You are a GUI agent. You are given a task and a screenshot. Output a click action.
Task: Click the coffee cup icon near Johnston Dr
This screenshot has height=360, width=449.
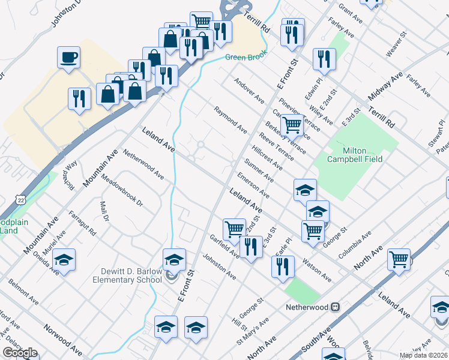pyautogui.click(x=68, y=58)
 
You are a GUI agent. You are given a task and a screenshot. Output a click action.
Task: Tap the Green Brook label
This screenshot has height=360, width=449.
pyautogui.click(x=244, y=58)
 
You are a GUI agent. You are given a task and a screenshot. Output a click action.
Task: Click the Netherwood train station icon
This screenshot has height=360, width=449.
pyautogui.click(x=336, y=307)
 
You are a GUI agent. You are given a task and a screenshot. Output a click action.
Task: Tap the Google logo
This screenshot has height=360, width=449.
pyautogui.click(x=19, y=353)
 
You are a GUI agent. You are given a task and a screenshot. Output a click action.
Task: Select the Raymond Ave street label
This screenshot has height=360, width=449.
pyautogui.click(x=231, y=119)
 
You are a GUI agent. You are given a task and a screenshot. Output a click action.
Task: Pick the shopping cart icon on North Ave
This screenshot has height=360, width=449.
pyautogui.click(x=399, y=259)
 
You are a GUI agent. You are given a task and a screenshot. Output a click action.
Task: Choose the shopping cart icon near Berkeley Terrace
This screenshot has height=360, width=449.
pyautogui.click(x=292, y=124)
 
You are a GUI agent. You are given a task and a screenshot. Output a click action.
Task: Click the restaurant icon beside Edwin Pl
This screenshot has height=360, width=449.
pyautogui.click(x=324, y=58)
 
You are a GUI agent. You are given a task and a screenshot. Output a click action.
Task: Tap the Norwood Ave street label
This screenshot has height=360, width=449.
pyautogui.click(x=62, y=340)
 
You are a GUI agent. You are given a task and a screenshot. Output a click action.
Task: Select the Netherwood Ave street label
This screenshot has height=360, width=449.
pyautogui.click(x=143, y=164)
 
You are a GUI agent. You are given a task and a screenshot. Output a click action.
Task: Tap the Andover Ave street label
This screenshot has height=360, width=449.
pyautogui.click(x=249, y=90)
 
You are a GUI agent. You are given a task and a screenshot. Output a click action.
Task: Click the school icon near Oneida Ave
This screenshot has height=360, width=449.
pyautogui.click(x=64, y=260)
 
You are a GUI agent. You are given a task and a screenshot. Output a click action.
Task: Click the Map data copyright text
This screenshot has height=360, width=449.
pyautogui.click(x=423, y=355)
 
